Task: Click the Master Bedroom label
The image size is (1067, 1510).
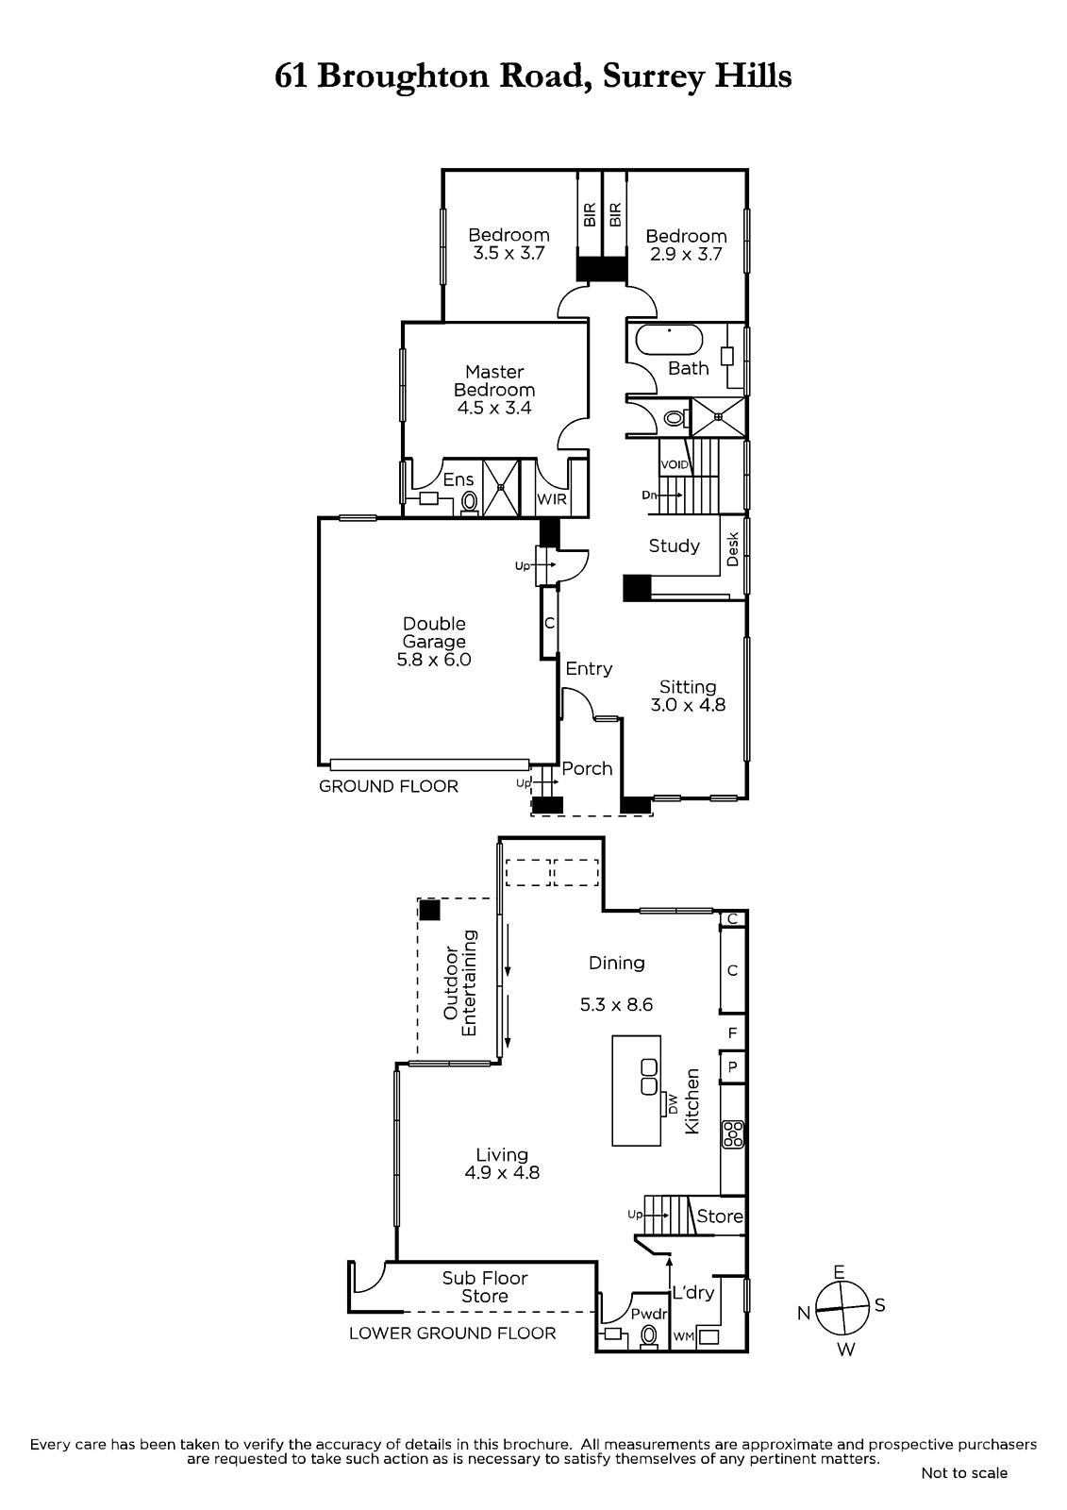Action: tap(494, 381)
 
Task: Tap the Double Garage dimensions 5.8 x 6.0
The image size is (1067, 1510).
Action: tap(434, 660)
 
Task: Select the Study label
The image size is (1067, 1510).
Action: tap(674, 546)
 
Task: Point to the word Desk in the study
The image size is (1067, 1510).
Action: tap(733, 548)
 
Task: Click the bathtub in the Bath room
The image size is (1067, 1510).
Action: tap(670, 341)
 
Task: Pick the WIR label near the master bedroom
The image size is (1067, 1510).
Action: tap(551, 500)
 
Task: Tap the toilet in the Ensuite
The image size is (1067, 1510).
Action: tap(469, 502)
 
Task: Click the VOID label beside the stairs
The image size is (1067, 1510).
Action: tap(675, 465)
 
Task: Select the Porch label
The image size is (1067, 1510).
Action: tap(587, 768)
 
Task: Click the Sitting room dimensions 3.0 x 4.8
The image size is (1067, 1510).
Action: tap(688, 705)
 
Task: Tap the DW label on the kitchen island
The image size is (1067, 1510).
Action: tap(673, 1103)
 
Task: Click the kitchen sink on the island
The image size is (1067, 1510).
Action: tap(648, 1077)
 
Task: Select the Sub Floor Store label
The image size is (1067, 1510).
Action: tap(485, 1287)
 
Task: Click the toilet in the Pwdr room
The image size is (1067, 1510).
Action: tap(649, 1335)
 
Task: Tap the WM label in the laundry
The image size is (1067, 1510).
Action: tap(683, 1336)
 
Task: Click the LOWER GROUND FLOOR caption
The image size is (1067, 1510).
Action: tap(452, 1333)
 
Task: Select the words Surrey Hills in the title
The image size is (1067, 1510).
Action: tap(697, 76)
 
